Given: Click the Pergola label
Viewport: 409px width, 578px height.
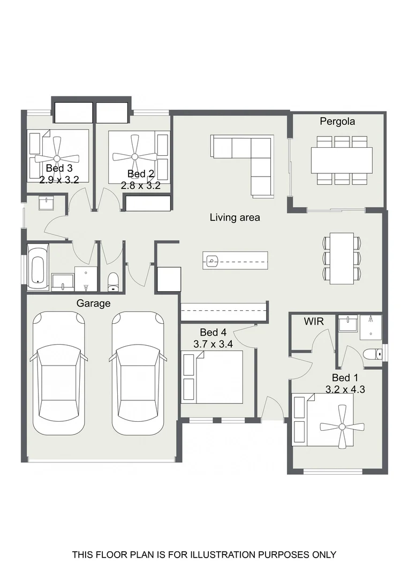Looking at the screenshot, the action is [337, 121].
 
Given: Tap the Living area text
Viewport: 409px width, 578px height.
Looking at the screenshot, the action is [235, 217].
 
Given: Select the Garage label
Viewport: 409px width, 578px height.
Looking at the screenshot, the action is [93, 303].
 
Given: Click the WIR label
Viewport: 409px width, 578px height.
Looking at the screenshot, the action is [314, 322].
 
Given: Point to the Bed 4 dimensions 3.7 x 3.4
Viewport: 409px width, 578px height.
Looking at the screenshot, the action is [213, 344].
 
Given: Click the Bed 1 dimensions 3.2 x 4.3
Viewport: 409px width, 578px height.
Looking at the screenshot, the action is [345, 389].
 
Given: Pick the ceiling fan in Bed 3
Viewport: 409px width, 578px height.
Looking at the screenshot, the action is [57, 158].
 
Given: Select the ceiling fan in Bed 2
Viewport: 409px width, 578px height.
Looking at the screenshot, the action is [134, 157].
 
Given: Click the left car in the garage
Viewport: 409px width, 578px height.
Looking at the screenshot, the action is [59, 372].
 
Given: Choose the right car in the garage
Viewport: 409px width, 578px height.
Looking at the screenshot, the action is [138, 372].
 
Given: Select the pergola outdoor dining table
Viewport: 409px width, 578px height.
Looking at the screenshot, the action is [342, 160].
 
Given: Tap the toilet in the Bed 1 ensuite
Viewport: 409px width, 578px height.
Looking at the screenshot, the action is [373, 354].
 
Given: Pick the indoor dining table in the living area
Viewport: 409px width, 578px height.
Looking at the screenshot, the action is [342, 257].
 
